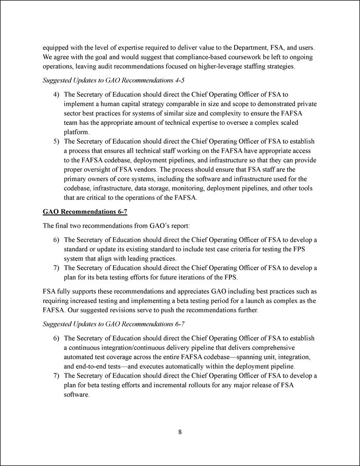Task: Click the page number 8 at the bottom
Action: click(x=179, y=432)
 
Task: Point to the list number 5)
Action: click(x=57, y=141)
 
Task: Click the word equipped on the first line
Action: click(x=58, y=47)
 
